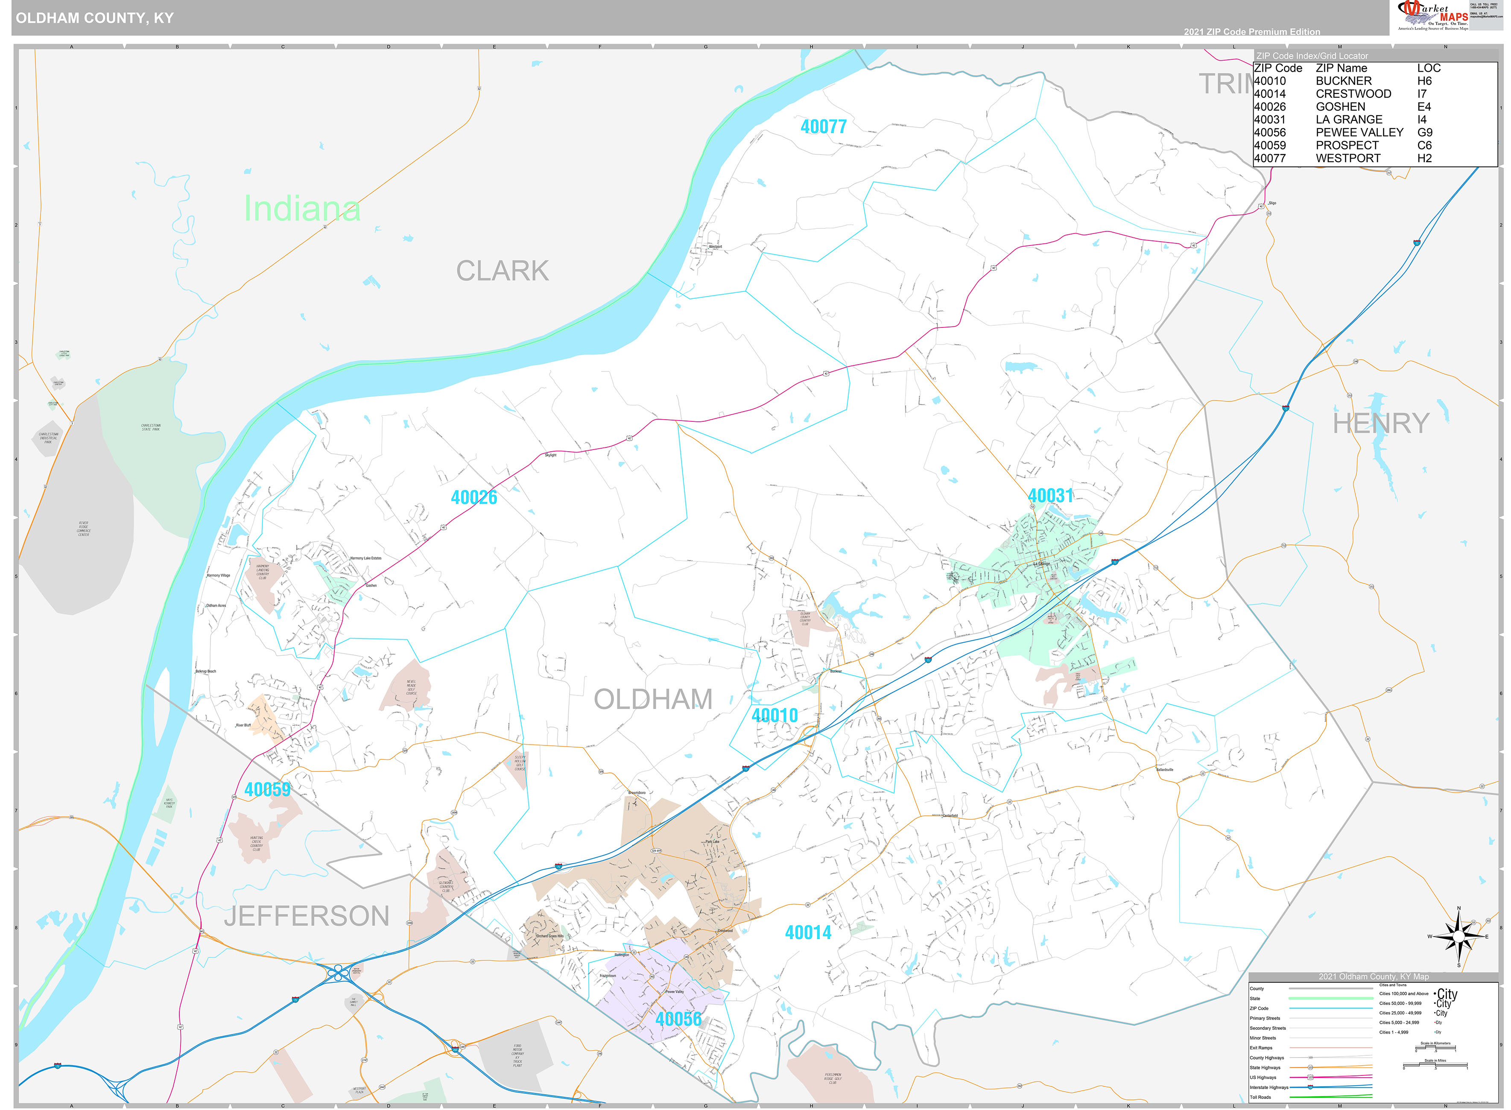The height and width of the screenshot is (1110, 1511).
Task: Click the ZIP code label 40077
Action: click(x=823, y=126)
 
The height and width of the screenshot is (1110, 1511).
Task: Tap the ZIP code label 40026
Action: click(x=473, y=497)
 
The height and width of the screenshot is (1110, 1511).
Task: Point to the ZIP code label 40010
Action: click(x=774, y=715)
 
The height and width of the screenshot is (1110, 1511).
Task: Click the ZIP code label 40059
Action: click(x=267, y=789)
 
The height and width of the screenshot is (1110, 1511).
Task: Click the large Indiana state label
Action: click(x=302, y=208)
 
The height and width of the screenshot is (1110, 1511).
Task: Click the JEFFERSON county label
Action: click(x=307, y=916)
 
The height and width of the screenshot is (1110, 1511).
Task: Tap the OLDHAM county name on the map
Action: click(x=652, y=699)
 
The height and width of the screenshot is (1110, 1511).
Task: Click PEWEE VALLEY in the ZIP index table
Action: click(x=1359, y=132)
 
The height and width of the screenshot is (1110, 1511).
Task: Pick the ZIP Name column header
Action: click(x=1341, y=68)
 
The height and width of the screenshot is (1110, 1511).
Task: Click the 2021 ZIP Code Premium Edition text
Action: click(x=1252, y=32)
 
